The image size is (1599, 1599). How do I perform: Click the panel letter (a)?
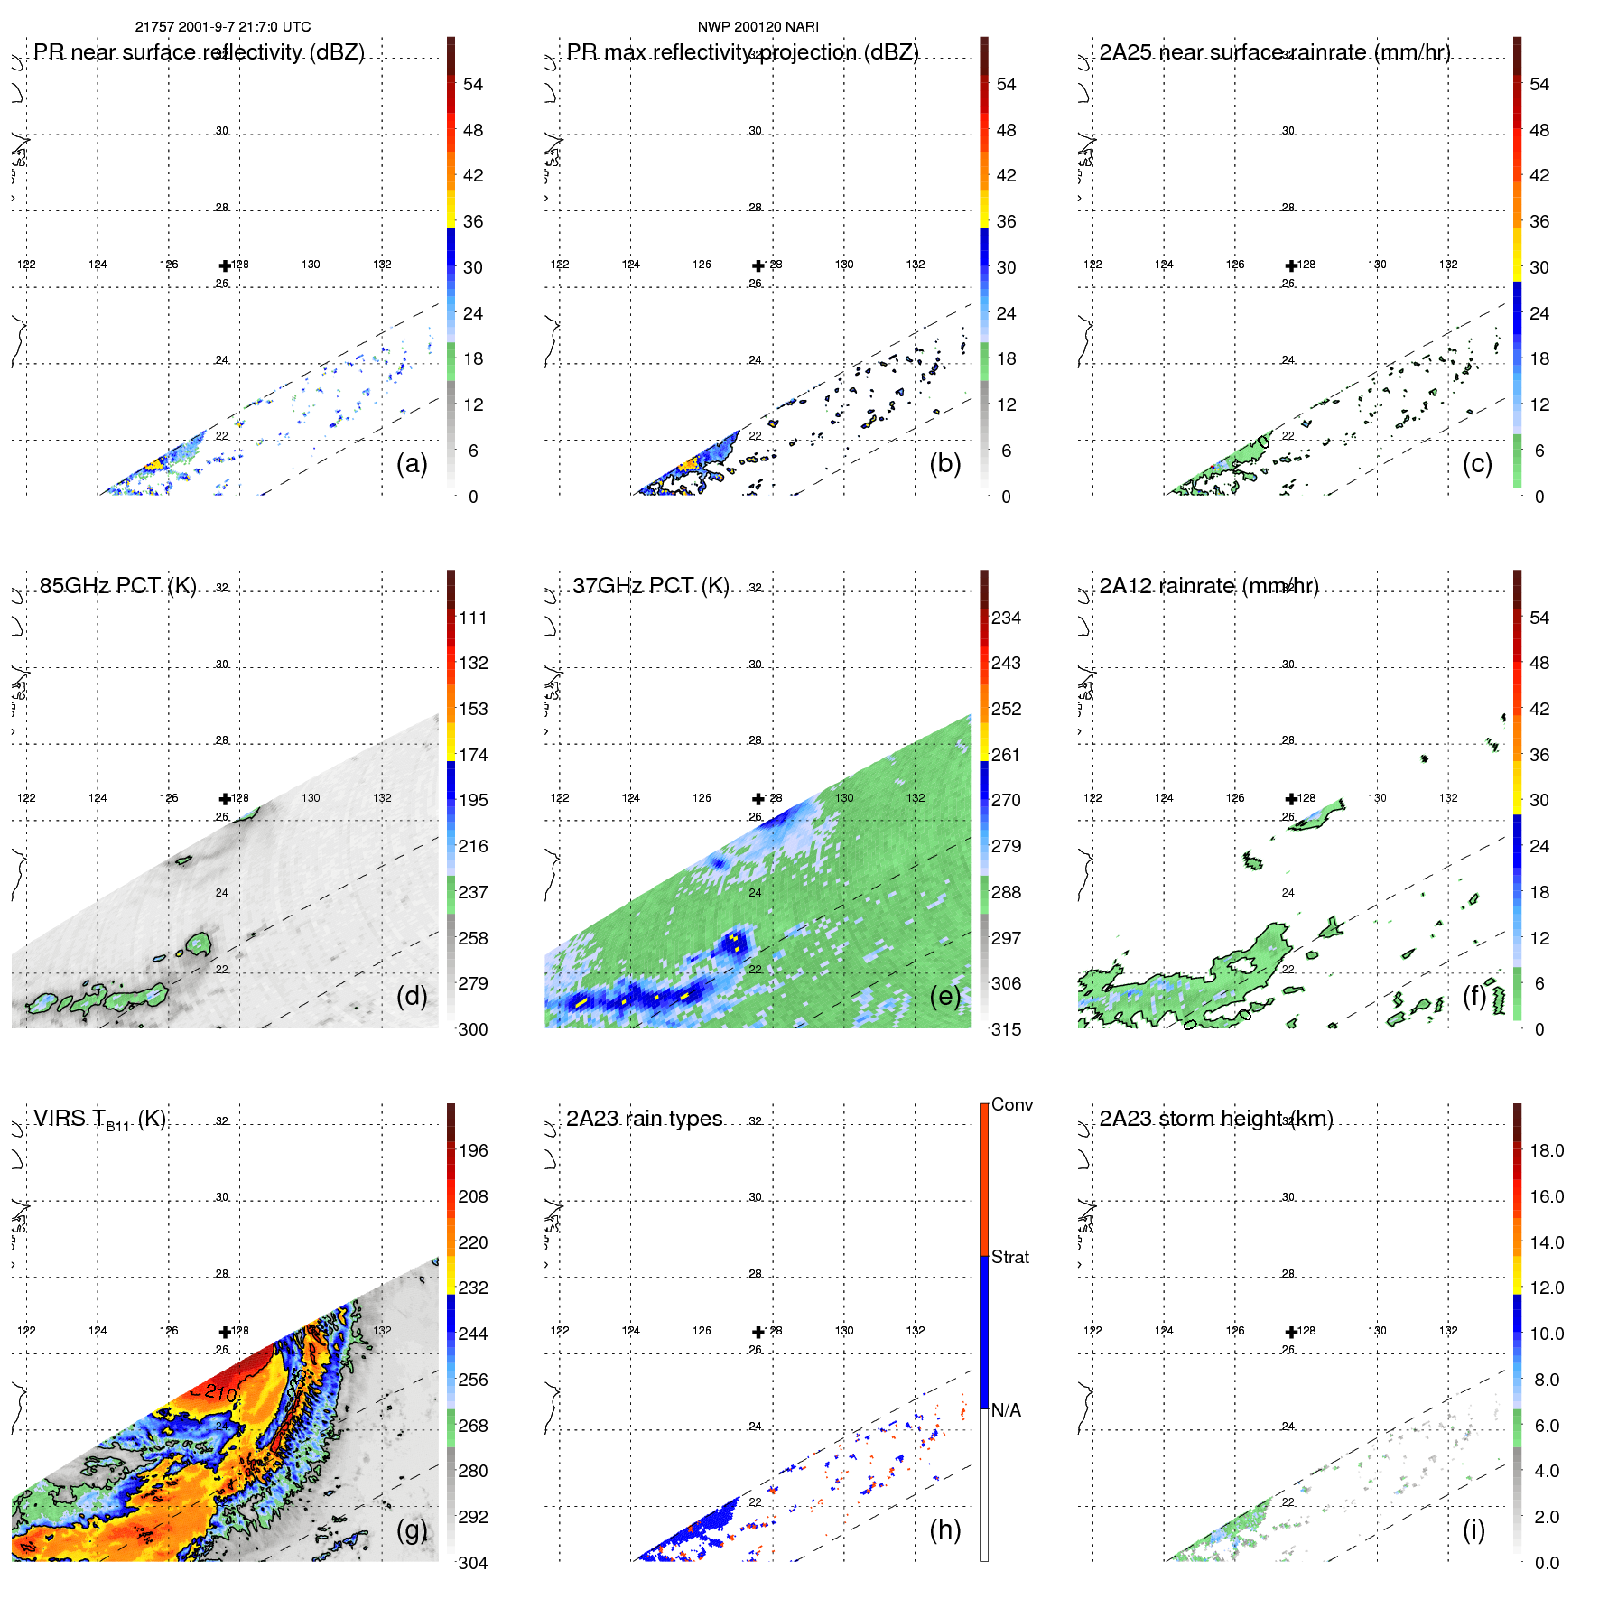(x=412, y=463)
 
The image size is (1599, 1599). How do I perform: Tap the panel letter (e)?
(x=944, y=996)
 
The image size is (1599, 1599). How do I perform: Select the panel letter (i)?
(x=1473, y=1529)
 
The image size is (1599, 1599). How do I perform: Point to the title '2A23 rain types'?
(x=645, y=1118)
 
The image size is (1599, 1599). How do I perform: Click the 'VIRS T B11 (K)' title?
(x=100, y=1120)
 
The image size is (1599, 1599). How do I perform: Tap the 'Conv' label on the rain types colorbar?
(x=1012, y=1104)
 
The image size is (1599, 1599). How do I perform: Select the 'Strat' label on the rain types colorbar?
(x=1010, y=1257)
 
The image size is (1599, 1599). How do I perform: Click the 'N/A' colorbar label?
(x=1006, y=1410)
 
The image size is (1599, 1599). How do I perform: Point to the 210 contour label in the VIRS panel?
(x=220, y=1393)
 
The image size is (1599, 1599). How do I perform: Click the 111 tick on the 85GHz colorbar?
(x=473, y=618)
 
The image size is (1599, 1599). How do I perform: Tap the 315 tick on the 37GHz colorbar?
(x=1006, y=1029)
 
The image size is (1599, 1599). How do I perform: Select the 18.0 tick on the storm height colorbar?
(x=1547, y=1150)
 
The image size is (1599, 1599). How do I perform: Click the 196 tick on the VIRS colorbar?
(x=473, y=1150)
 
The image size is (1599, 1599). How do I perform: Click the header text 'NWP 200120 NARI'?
(x=758, y=27)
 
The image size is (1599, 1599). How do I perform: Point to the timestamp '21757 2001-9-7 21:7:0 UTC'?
(x=223, y=27)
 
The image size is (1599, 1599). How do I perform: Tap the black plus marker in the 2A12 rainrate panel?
(x=1292, y=798)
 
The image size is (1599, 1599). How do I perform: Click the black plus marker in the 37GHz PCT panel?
(x=758, y=798)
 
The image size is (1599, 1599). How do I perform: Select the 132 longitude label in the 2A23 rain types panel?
(x=916, y=1330)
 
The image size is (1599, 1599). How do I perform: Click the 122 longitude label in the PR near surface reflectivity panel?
(x=26, y=264)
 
